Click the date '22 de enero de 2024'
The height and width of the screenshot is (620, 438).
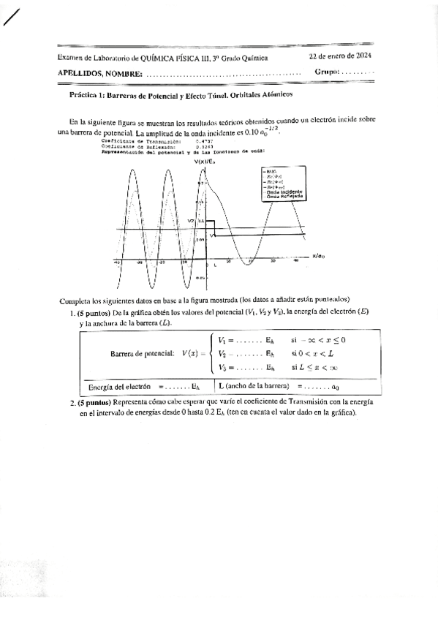[x=341, y=56]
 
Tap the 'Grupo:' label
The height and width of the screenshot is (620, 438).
[x=327, y=72]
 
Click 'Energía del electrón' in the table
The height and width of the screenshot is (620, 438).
[x=119, y=386]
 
